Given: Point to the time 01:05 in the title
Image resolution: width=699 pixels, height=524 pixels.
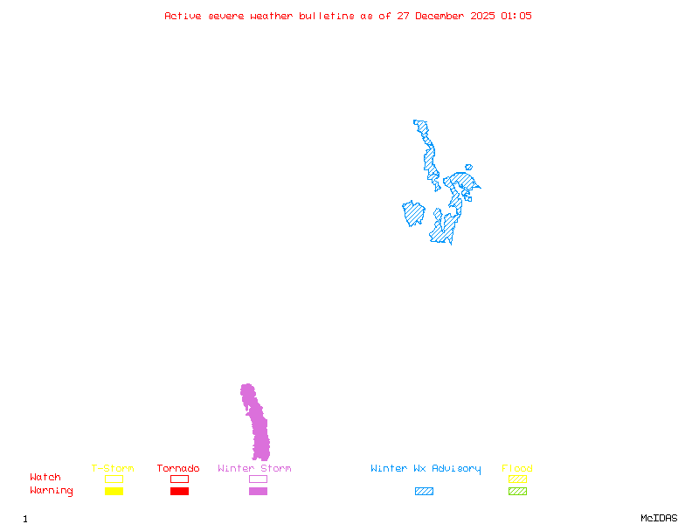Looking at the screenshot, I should click(516, 16).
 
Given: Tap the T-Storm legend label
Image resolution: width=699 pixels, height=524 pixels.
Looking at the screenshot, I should click(113, 469).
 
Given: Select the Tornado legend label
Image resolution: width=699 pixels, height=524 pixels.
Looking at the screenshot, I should click(178, 469).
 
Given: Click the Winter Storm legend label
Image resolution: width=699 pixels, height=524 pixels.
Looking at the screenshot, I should click(254, 469).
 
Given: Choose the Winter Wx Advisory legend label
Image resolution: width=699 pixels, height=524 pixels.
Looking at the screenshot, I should click(426, 469).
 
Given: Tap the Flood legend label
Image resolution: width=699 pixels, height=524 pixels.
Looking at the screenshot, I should click(517, 469).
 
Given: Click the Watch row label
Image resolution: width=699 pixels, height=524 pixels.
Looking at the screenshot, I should click(45, 478).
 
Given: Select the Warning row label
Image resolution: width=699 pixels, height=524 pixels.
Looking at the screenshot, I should click(52, 491).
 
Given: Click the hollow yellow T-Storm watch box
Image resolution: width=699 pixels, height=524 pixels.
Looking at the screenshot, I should click(114, 479).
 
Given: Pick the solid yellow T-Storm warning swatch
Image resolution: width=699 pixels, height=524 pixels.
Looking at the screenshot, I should click(114, 492).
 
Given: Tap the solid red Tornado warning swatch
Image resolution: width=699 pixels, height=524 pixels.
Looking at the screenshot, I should click(179, 492).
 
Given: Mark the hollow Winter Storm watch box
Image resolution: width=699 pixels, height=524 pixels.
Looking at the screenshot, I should click(258, 479).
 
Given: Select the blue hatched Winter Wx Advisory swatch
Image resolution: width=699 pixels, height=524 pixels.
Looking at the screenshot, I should click(424, 492).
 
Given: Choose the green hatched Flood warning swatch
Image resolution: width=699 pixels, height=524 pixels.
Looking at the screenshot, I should click(517, 492).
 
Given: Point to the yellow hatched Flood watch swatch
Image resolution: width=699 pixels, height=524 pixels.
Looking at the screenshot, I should click(517, 479).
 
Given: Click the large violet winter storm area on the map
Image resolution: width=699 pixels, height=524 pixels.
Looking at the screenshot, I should click(258, 428).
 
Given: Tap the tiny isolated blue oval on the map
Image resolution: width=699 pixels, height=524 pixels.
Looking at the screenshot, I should click(469, 167).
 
